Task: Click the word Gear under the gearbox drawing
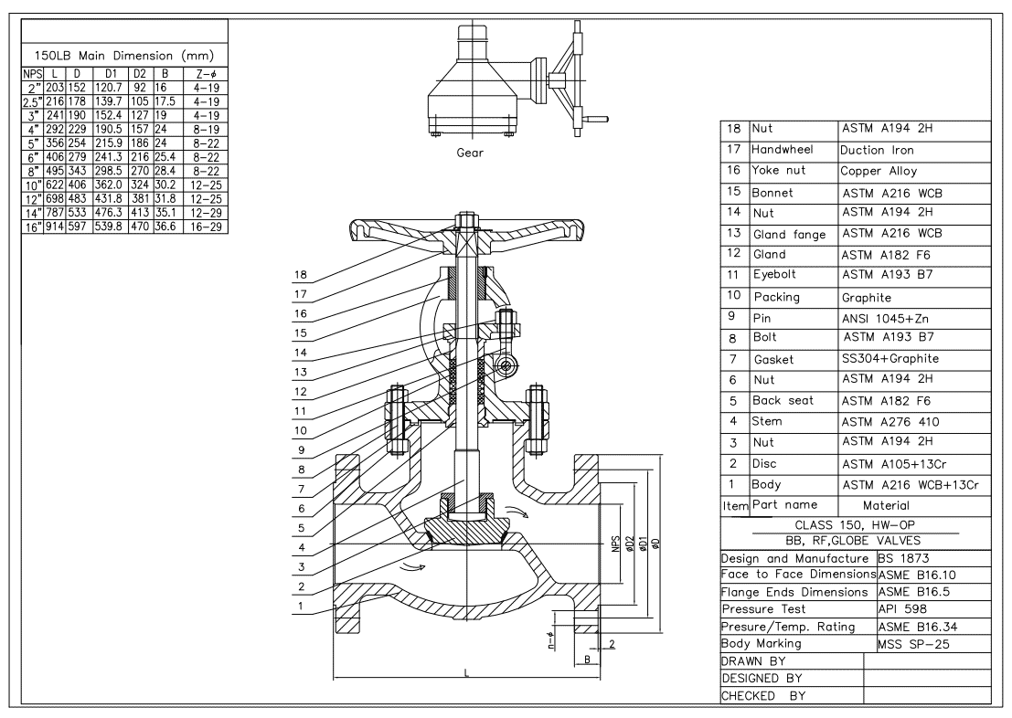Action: pos(470,153)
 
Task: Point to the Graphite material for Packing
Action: pos(865,297)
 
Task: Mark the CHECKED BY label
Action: pos(759,695)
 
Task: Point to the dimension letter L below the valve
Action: pos(466,672)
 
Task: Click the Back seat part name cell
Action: pos(783,401)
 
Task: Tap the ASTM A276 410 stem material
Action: pos(891,422)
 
